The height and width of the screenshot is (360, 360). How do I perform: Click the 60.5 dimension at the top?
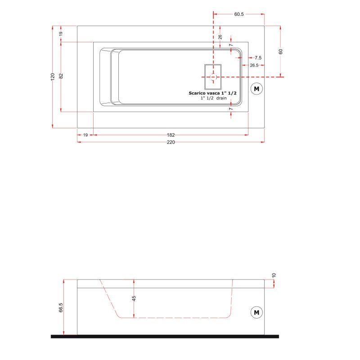239,14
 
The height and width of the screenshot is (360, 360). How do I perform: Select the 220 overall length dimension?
171,142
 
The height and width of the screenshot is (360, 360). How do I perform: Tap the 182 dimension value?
171,135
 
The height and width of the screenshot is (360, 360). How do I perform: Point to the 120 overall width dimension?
53,76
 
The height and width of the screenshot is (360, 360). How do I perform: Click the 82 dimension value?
61,76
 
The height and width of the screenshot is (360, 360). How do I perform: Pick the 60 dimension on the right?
280,51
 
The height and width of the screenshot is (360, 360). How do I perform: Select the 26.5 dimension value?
254,65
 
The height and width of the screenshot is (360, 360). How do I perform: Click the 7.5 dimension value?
258,58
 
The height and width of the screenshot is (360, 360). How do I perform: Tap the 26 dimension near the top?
220,37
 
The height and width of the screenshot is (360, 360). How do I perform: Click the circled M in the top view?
256,89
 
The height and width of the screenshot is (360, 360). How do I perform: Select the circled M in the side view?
256,312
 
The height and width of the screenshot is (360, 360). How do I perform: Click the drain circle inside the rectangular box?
213,77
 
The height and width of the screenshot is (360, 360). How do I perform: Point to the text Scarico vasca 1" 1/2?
212,93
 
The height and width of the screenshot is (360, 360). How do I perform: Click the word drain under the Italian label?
221,98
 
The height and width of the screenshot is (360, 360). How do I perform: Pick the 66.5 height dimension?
61,307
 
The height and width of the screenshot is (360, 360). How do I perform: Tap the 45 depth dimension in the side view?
134,298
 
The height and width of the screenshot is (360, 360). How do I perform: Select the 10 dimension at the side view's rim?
274,275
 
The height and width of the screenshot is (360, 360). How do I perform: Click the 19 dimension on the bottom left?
85,135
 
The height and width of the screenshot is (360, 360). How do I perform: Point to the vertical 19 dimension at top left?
61,33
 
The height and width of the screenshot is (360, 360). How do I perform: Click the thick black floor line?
165,337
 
